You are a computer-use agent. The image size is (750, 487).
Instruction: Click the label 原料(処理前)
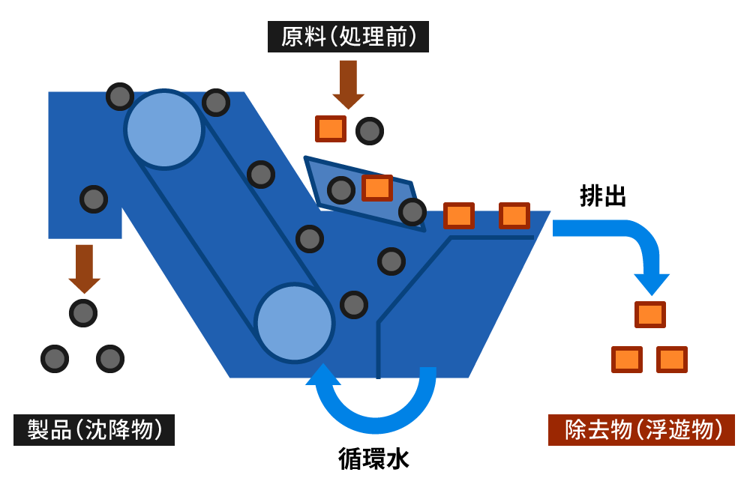click(348, 37)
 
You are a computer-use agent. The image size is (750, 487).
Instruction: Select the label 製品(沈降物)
click(94, 430)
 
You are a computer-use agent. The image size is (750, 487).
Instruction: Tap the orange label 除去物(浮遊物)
click(641, 430)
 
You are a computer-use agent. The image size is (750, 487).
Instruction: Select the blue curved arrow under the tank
click(375, 408)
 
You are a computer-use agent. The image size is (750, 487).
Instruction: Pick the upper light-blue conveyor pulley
click(164, 130)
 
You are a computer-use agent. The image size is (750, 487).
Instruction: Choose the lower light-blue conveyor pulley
click(294, 323)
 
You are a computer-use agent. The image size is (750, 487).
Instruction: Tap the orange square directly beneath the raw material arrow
click(330, 129)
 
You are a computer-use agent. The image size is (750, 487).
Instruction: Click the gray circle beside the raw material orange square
click(370, 131)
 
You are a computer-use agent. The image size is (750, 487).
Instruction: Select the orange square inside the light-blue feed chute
click(377, 188)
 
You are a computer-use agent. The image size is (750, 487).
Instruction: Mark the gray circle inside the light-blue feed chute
click(341, 190)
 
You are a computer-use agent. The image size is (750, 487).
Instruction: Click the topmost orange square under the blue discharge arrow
click(650, 315)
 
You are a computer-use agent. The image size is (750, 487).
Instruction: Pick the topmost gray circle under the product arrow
click(83, 313)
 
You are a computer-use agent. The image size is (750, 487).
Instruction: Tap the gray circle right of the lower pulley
click(354, 305)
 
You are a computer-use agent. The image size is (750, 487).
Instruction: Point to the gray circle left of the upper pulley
click(120, 97)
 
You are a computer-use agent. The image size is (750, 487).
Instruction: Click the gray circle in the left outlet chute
click(94, 199)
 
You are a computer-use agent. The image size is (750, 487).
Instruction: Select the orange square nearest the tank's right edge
click(514, 216)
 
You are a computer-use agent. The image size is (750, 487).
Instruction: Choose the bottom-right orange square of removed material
click(672, 360)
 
